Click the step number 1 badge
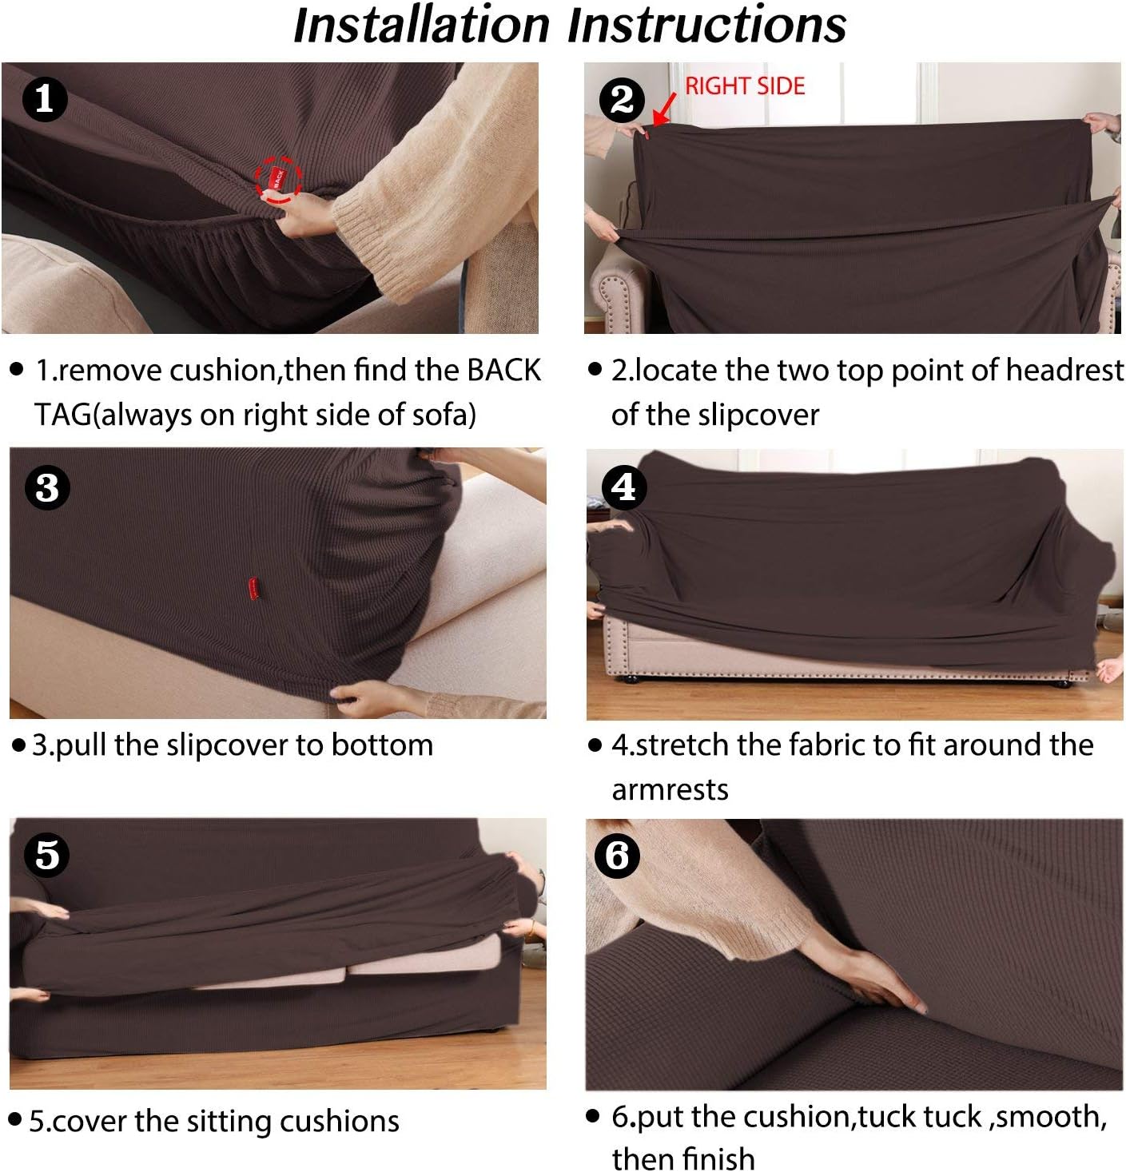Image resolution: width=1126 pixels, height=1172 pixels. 45,99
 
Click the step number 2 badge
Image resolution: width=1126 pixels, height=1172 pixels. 622,100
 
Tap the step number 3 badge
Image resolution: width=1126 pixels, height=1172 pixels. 47,487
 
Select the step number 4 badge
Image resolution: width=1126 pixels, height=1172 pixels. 623,487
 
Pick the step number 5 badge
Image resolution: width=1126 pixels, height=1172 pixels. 46,855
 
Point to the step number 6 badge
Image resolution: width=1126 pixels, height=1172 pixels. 617,856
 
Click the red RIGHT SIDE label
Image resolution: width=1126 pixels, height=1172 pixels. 744,86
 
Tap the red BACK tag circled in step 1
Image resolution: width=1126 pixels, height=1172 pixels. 277,178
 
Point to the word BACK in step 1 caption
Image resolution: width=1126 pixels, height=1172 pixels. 503,371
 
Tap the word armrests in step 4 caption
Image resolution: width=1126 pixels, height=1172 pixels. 670,790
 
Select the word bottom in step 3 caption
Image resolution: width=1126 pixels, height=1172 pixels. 382,745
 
